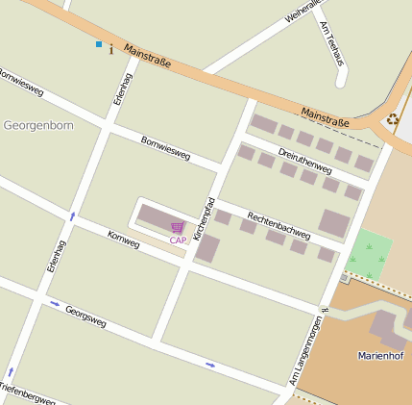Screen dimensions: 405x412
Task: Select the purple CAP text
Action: (178, 240)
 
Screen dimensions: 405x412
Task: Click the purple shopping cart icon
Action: (177, 227)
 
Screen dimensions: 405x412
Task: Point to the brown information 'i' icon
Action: (111, 48)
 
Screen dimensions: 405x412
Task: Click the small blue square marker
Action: (98, 44)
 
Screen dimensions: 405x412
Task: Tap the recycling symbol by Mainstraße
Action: (392, 119)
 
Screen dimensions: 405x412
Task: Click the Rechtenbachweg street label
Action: (279, 223)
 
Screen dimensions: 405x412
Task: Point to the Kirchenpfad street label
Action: (204, 218)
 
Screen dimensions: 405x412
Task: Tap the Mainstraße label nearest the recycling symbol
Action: (326, 116)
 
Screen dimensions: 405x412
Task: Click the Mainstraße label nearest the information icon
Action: (147, 60)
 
